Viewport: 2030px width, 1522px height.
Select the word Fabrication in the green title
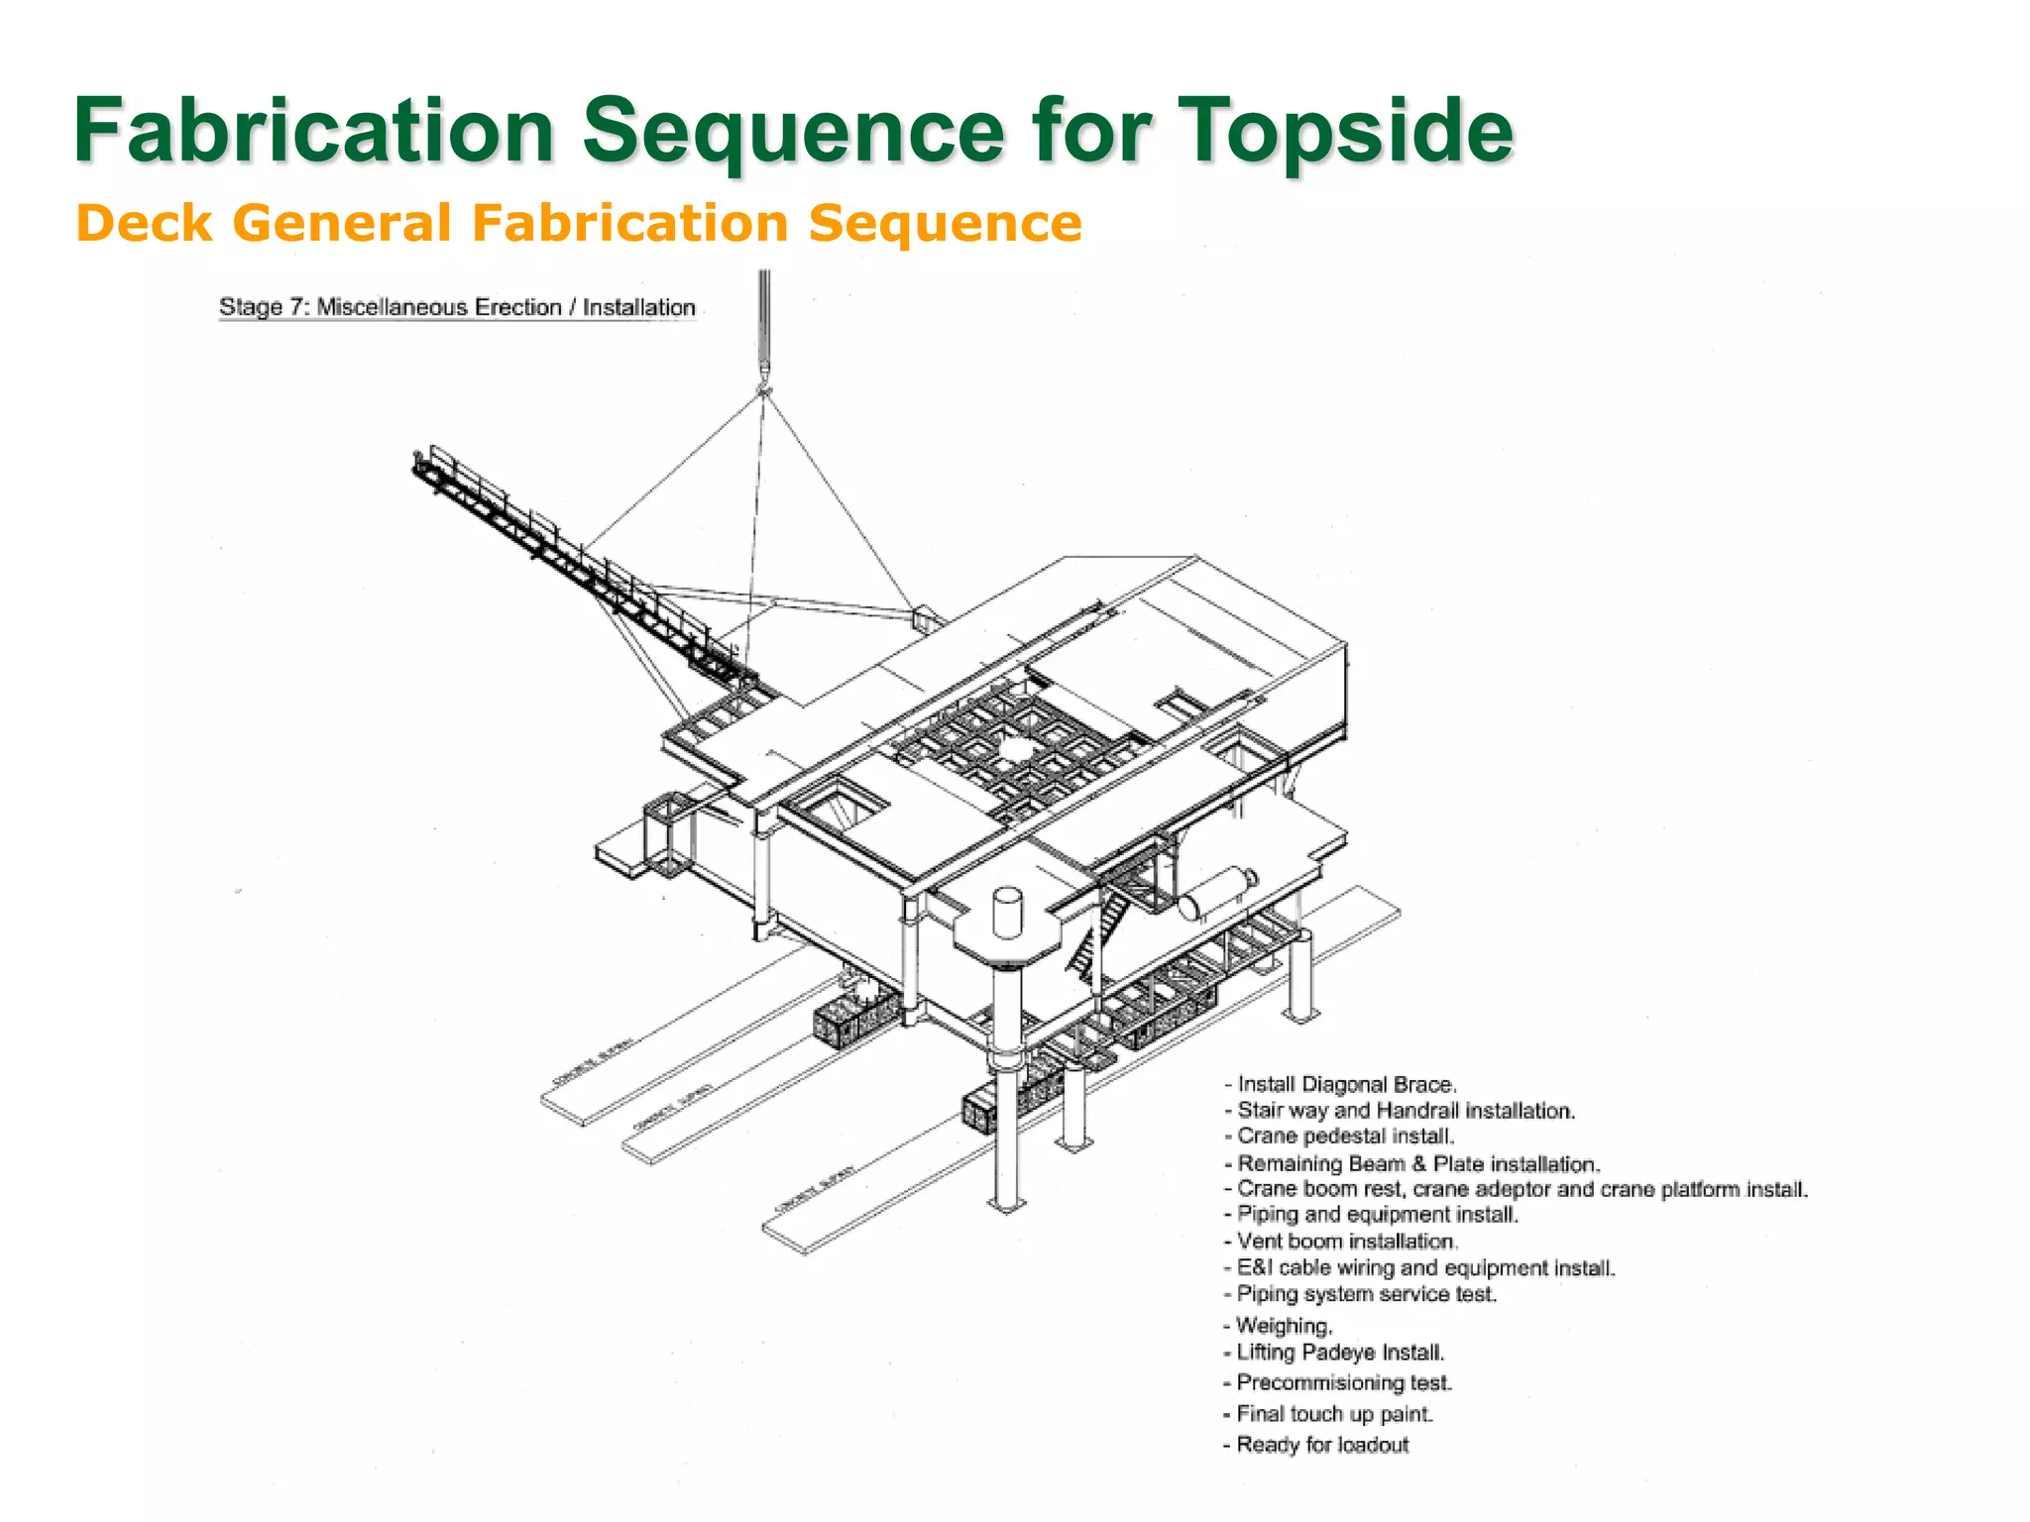click(313, 131)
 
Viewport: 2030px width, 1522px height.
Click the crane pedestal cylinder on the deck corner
click(1007, 912)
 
